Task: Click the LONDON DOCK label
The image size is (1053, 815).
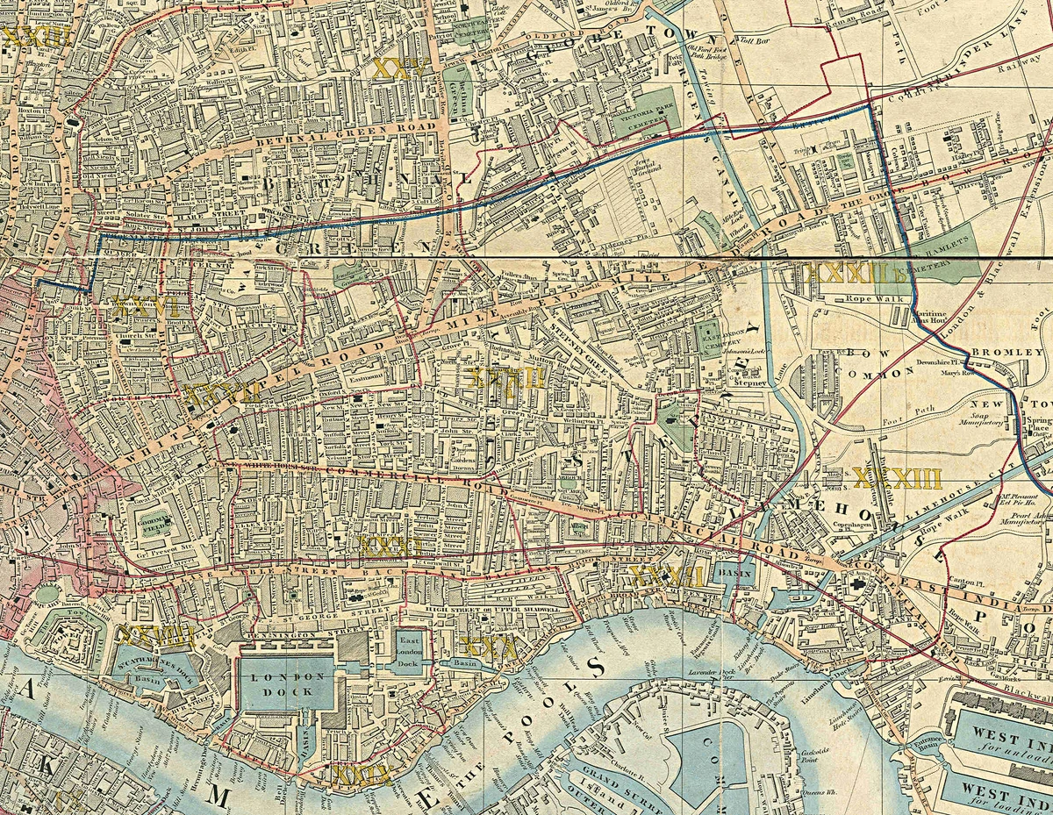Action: tap(287, 684)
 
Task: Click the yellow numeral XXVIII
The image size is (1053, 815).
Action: tap(155, 636)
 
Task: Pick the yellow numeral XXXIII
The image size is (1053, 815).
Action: tap(897, 478)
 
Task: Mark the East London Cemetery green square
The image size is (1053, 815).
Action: tap(708, 337)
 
